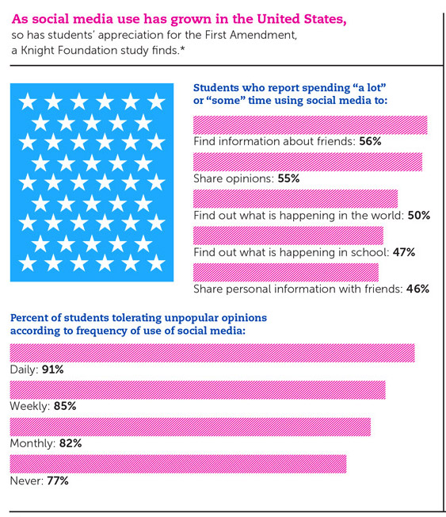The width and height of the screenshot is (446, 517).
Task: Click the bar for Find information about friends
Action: (311, 125)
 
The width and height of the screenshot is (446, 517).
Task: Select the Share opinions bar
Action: (307, 162)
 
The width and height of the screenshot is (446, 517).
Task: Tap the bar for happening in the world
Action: (295, 199)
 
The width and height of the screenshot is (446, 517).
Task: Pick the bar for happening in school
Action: (288, 236)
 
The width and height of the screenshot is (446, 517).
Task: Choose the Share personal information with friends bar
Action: (286, 272)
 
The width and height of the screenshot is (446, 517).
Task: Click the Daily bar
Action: (212, 353)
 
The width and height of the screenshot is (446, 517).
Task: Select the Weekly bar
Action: (197, 389)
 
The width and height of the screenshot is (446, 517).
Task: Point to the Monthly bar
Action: (190, 427)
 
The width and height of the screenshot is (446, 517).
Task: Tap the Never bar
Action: (178, 464)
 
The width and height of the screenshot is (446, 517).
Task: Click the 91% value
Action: (53, 370)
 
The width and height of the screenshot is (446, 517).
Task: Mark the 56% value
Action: (370, 141)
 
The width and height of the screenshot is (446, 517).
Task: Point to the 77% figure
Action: (58, 481)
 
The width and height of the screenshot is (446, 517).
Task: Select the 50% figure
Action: (419, 216)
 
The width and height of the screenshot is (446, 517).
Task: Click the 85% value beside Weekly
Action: (65, 406)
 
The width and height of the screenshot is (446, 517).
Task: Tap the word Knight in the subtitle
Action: (36, 50)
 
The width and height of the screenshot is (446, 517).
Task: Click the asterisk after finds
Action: (182, 49)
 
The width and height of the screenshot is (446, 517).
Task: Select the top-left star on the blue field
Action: (28, 101)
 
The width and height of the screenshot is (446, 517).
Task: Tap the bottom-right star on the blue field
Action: (156, 262)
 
